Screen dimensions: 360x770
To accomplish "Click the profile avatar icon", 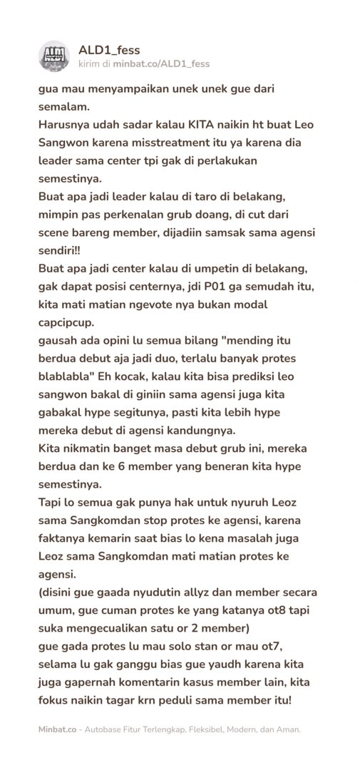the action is (x=56, y=56).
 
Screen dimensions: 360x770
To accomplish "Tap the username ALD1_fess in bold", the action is (x=108, y=50).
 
